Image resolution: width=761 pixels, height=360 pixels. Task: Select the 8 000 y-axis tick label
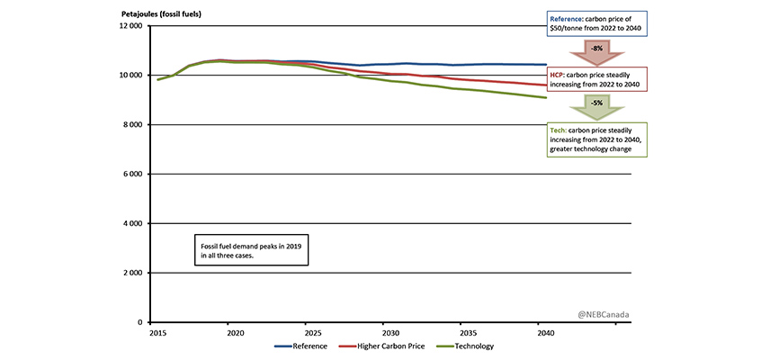[132, 124]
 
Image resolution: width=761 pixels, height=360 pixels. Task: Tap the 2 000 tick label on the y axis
[132, 273]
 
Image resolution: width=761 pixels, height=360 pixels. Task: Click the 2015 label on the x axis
[157, 332]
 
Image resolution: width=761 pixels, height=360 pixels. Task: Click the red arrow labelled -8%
[596, 49]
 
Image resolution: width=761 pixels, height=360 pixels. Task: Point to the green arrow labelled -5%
[596, 106]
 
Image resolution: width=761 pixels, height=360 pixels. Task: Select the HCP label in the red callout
[560, 71]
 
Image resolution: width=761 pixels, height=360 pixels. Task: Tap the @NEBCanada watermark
[603, 314]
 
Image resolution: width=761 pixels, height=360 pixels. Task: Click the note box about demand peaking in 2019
[251, 251]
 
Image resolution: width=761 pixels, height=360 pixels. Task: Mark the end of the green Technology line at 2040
[543, 97]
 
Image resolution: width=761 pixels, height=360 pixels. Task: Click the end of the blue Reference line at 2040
[543, 65]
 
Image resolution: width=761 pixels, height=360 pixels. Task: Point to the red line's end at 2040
[543, 85]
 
